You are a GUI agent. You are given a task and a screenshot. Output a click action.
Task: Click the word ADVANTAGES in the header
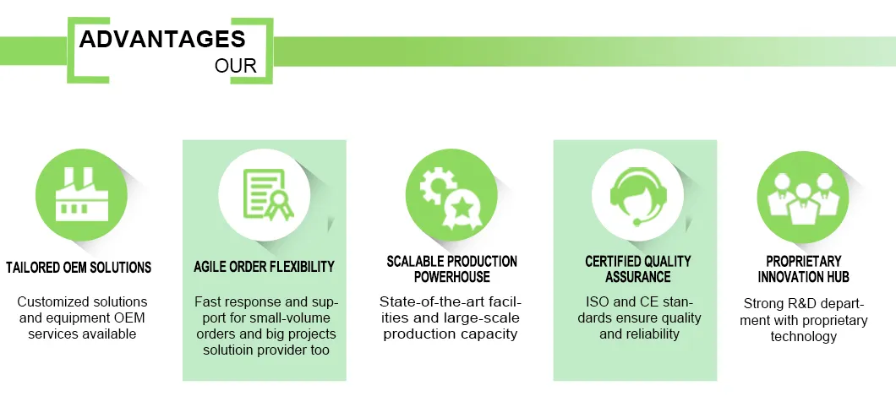(x=162, y=39)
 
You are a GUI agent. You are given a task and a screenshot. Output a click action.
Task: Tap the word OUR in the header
(x=236, y=66)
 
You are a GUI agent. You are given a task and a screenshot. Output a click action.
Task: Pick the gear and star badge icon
(x=451, y=199)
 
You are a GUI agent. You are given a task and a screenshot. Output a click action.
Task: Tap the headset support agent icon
(x=637, y=196)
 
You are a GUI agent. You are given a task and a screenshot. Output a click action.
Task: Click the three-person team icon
(x=803, y=197)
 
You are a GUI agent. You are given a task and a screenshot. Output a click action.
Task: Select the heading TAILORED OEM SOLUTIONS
(x=79, y=267)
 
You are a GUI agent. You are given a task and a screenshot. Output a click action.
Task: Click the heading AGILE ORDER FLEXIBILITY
(x=264, y=267)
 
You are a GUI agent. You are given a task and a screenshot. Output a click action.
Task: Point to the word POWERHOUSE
(x=452, y=277)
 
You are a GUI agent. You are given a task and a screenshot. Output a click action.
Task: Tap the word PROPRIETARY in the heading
(x=803, y=262)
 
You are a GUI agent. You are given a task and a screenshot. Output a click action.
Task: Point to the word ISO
(x=597, y=301)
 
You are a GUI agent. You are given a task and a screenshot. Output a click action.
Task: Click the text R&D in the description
(x=801, y=304)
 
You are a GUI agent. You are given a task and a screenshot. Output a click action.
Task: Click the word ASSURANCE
(x=637, y=277)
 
